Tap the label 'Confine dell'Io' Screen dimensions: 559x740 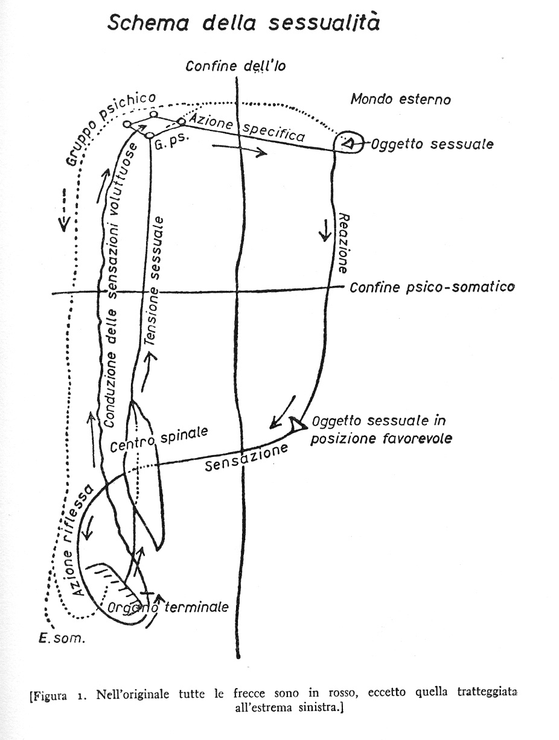(235, 66)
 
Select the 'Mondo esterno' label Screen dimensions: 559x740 (401, 100)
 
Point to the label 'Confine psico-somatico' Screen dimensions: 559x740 (432, 287)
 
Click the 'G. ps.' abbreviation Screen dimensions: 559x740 (171, 142)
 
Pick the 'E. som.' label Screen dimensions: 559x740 (62, 638)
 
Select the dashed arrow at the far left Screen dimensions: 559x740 (64, 209)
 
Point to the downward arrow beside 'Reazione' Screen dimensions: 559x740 (325, 230)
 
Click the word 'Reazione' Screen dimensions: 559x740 (343, 243)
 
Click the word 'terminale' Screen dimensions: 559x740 (197, 607)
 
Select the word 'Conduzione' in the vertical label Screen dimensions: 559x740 (110, 390)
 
